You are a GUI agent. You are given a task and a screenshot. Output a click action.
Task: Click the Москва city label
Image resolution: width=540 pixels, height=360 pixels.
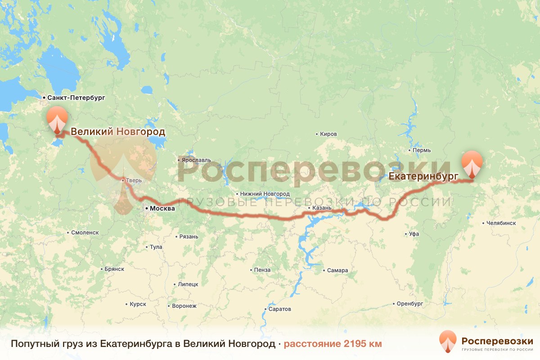click(x=162, y=209)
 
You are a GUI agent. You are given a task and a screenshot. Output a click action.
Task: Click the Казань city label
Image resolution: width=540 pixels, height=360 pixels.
click(x=322, y=208)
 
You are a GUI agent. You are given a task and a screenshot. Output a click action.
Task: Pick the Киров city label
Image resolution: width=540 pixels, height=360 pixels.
click(x=328, y=134)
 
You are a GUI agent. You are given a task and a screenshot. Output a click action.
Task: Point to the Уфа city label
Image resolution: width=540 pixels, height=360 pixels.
click(x=414, y=234)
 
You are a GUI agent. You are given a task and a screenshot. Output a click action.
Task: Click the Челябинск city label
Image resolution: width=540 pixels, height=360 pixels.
click(x=501, y=223)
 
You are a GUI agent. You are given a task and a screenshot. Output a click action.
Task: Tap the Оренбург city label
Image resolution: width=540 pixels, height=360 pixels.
click(x=410, y=304)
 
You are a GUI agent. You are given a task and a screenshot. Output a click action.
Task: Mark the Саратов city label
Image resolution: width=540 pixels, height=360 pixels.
click(x=279, y=309)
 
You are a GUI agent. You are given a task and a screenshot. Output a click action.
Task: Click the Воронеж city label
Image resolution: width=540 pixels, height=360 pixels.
click(x=184, y=306)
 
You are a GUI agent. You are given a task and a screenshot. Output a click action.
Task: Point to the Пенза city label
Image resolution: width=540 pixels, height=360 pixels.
click(x=262, y=270)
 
